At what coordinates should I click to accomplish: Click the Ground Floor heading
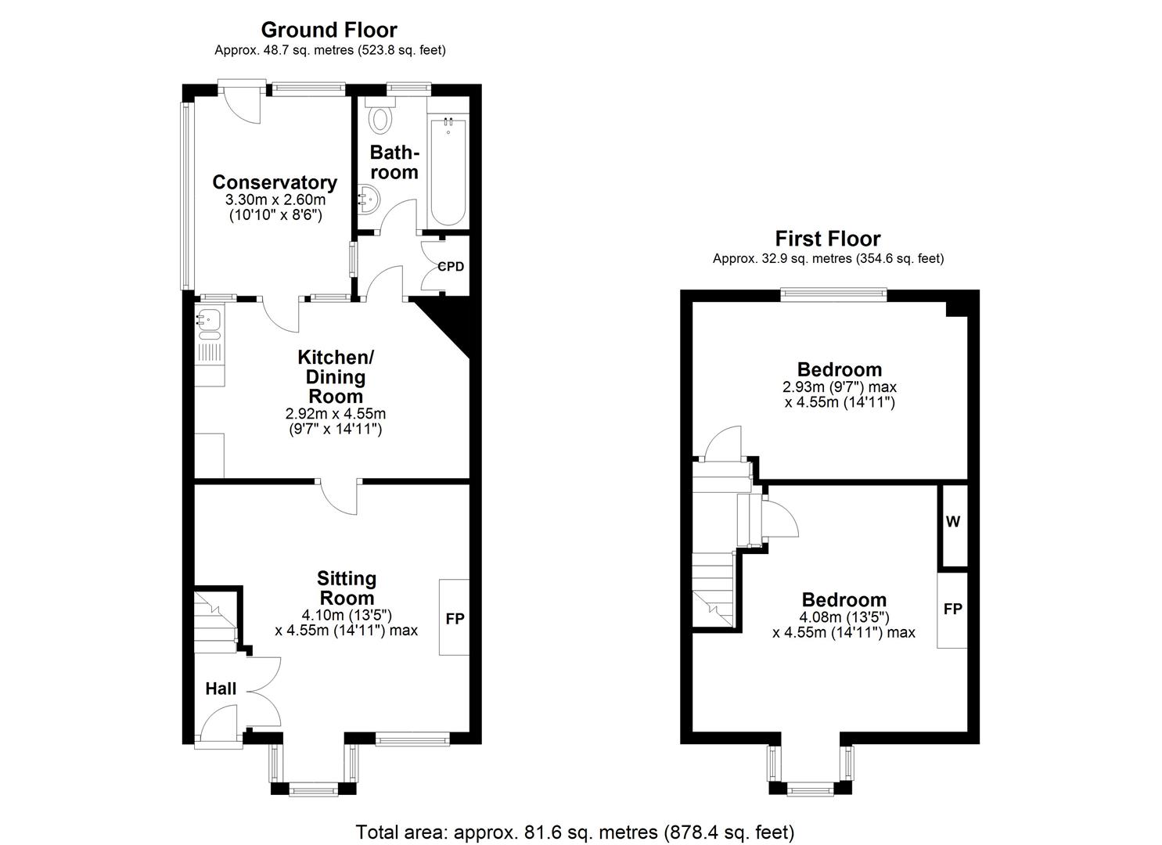point(329,30)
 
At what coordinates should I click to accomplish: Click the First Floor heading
point(827,239)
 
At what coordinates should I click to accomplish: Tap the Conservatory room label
point(275,182)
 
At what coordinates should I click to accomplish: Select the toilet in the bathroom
point(381,117)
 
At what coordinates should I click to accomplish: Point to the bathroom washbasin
point(368,199)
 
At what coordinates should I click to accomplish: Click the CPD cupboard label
point(451,267)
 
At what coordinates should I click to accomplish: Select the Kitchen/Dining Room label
point(336,376)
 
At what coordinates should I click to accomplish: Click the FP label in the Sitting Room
point(455,619)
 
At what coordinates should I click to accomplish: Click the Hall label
point(221,689)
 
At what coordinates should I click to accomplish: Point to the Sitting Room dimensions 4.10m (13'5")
point(347,614)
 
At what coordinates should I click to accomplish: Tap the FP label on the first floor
point(952,609)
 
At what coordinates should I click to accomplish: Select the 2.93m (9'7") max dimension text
point(840,387)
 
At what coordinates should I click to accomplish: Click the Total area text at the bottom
point(575,831)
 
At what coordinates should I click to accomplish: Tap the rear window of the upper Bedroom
point(833,295)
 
